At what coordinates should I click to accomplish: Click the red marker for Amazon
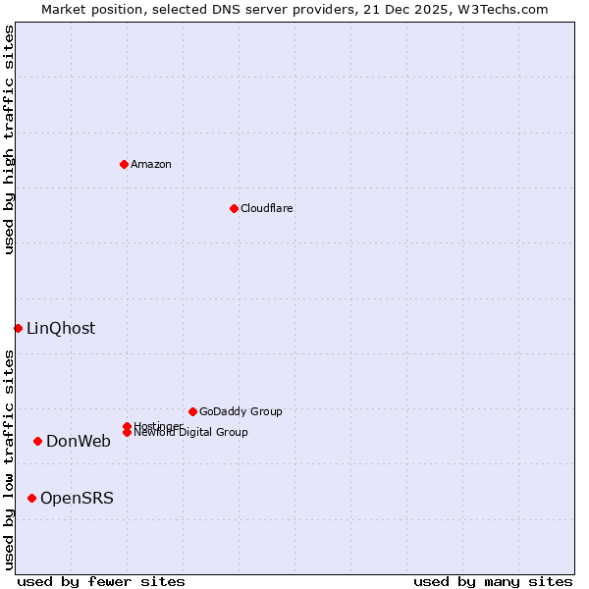(124, 164)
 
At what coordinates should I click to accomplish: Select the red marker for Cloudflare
(234, 208)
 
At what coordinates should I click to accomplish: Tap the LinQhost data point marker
(18, 328)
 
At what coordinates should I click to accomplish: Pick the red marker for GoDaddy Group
(192, 411)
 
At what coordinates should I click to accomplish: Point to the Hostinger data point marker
(127, 426)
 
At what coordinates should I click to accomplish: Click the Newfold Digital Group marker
(127, 433)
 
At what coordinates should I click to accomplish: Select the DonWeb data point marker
(37, 441)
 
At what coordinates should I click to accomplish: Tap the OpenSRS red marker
(31, 498)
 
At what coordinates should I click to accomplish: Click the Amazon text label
(151, 164)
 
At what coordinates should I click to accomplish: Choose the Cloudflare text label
(267, 208)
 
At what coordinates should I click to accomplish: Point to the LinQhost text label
(61, 328)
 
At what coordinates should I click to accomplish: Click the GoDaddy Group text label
(241, 411)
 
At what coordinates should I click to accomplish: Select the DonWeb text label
(79, 441)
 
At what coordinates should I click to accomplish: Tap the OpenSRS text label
(77, 498)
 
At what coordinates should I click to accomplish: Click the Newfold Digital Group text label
(191, 433)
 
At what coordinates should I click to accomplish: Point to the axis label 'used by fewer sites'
(101, 581)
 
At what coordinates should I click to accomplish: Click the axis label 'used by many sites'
(493, 581)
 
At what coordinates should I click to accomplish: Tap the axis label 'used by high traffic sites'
(9, 139)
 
